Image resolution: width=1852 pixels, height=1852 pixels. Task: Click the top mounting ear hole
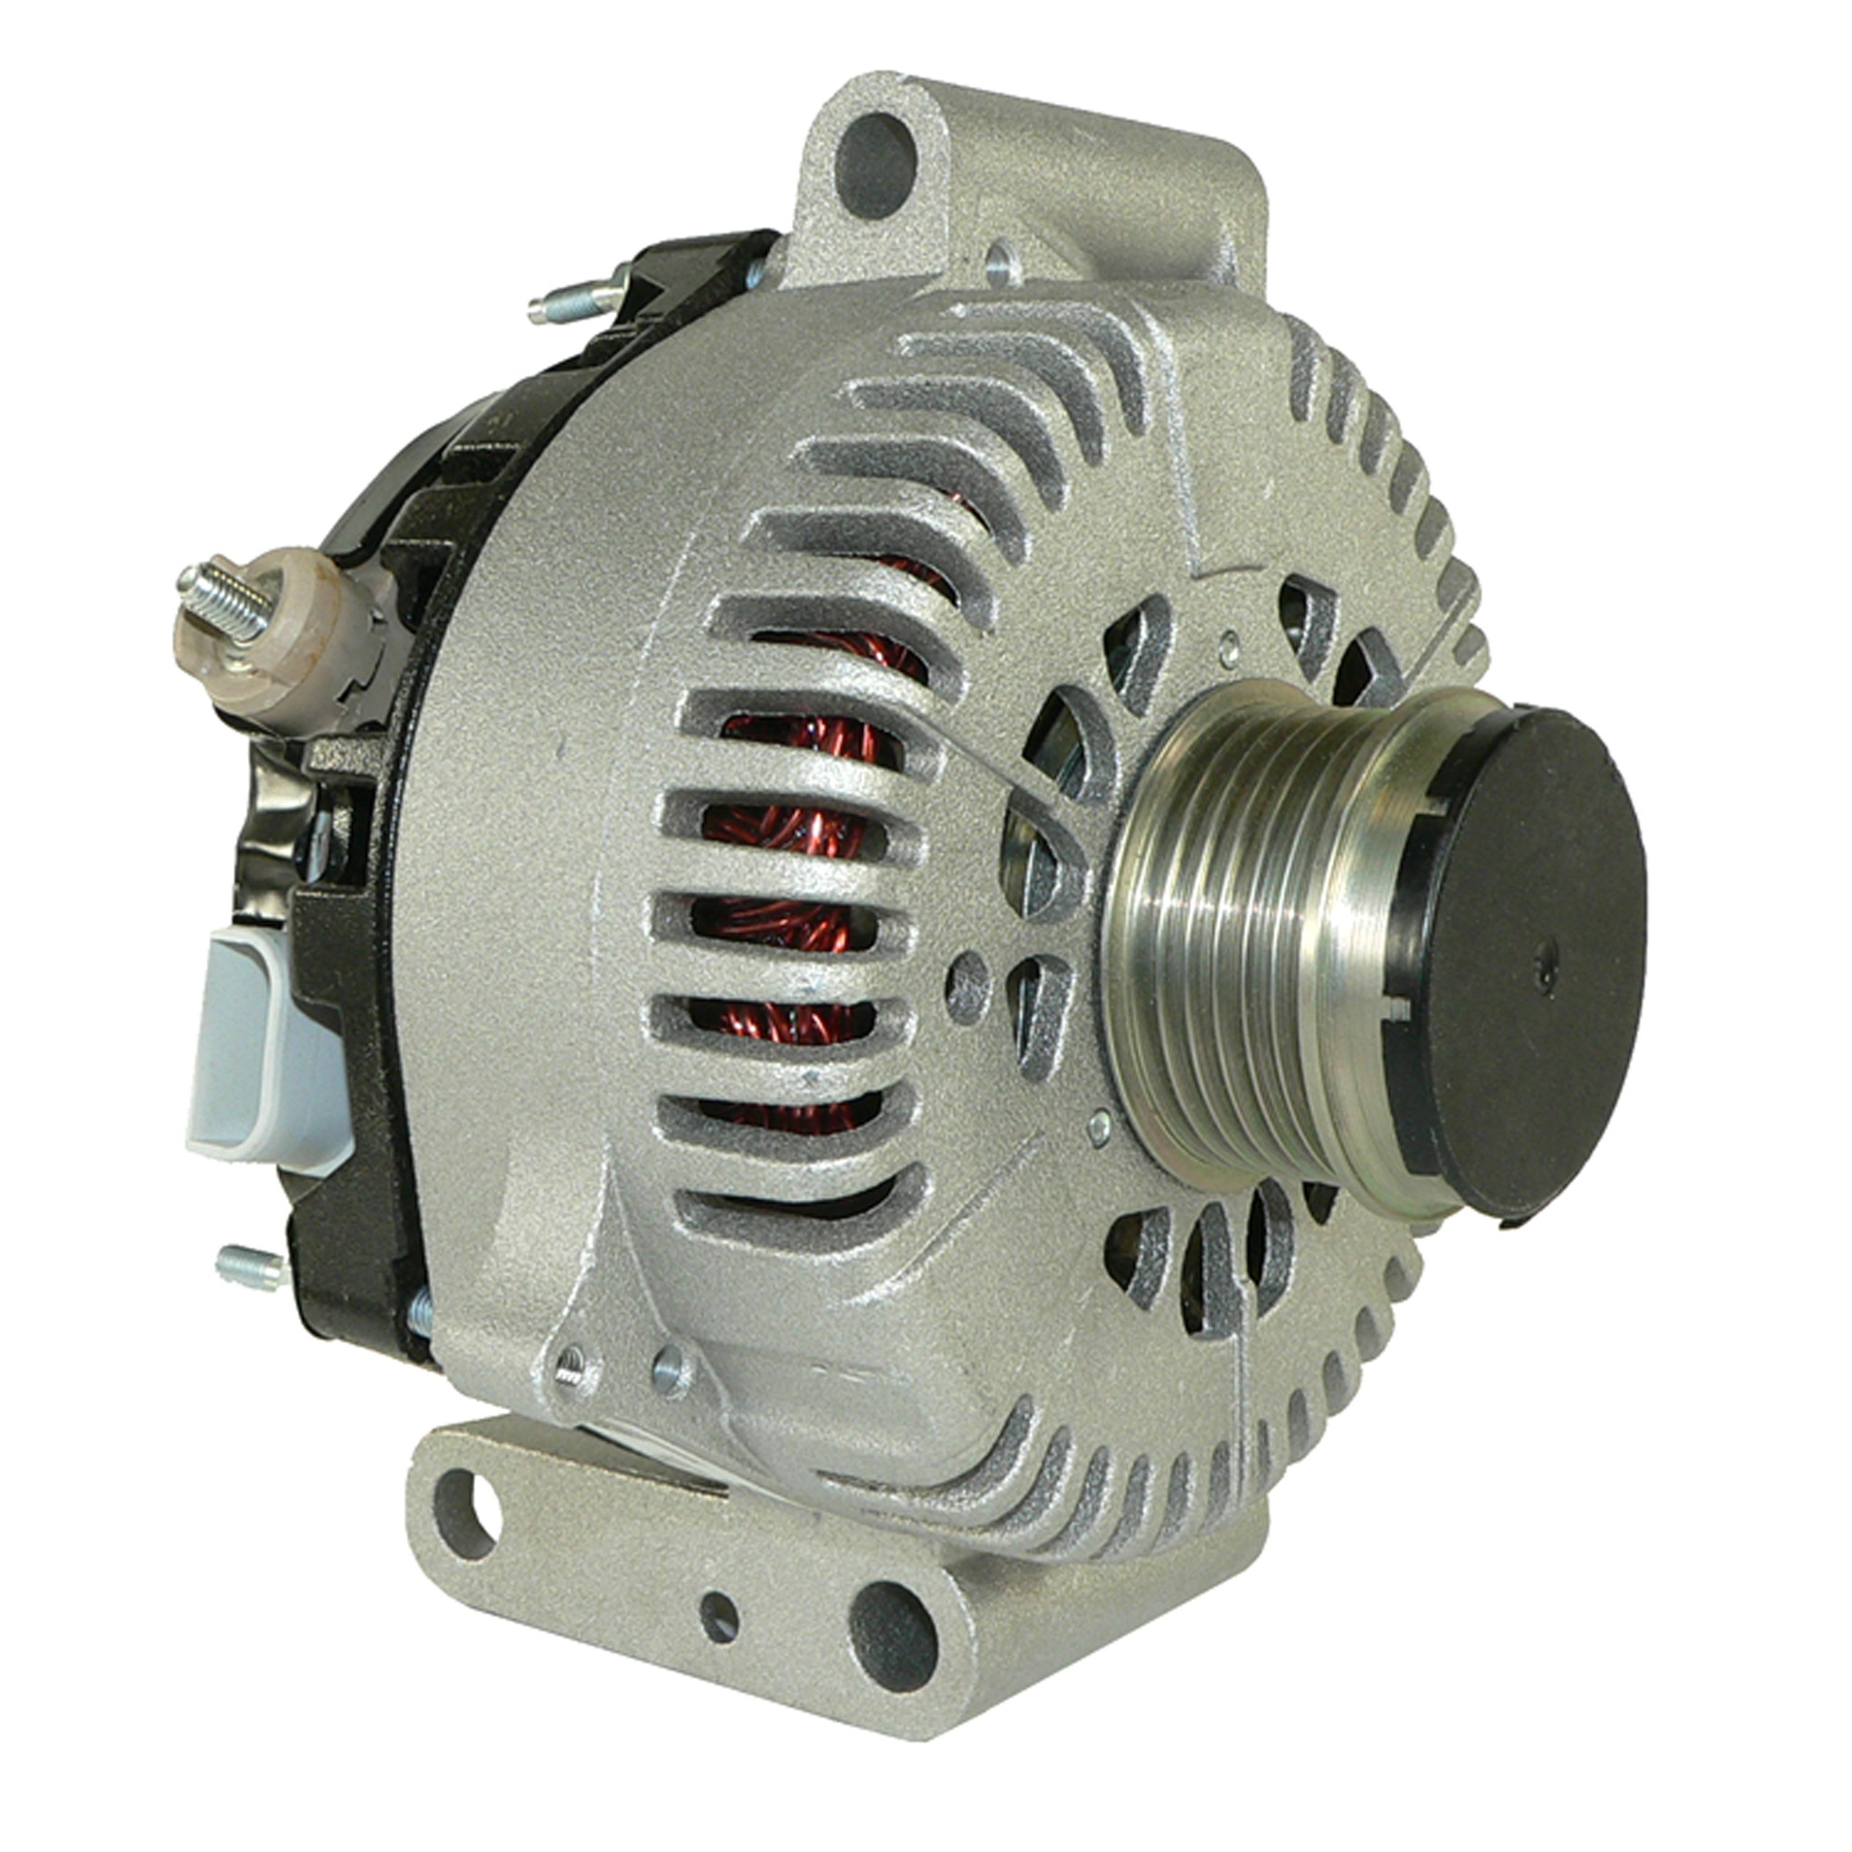875,165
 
